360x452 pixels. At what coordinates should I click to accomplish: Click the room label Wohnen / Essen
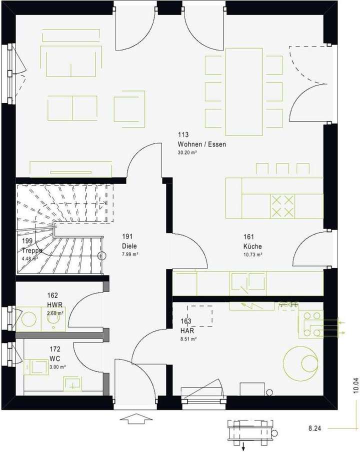coord(201,144)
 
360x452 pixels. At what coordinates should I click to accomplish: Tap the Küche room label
coord(252,246)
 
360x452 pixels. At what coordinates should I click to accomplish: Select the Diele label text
coord(129,246)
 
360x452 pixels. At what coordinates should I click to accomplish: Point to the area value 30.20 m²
coord(187,152)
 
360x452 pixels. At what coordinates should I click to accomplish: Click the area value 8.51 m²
coord(188,338)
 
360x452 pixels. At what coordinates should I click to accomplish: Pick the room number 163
coord(185,321)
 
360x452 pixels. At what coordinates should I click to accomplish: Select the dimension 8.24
coord(314,428)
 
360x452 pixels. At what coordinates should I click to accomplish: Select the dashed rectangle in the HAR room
coord(199,316)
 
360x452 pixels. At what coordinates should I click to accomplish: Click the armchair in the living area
coord(129,109)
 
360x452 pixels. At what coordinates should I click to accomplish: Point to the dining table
coord(244,91)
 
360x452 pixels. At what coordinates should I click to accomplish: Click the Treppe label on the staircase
coord(32,250)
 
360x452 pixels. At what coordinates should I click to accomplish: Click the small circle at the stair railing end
coord(102,256)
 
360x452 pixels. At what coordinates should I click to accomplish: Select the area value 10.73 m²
coord(253,254)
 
